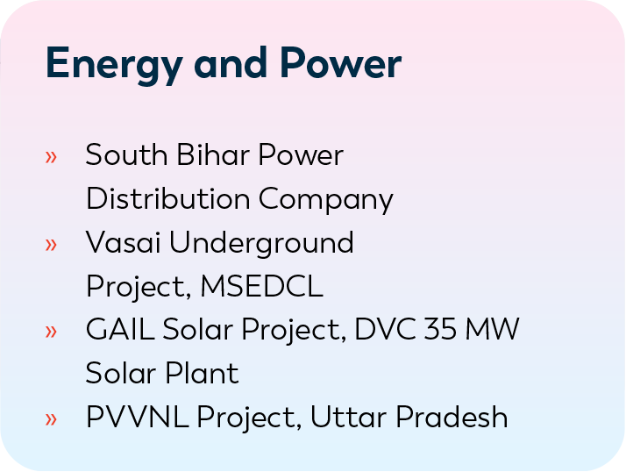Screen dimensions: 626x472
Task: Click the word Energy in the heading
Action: [x=114, y=65]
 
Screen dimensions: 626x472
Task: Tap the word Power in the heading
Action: [x=340, y=62]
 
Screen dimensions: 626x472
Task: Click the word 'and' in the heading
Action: [x=231, y=62]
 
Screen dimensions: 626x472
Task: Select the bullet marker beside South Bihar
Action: [x=51, y=157]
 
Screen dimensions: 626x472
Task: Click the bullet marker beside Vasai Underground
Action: [x=51, y=244]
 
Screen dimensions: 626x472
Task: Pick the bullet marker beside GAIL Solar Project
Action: [x=51, y=332]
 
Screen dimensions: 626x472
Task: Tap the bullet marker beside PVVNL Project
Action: [x=51, y=418]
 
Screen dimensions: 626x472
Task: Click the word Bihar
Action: [x=213, y=154]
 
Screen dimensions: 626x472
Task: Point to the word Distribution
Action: [x=168, y=198]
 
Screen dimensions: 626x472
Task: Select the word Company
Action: [x=326, y=200]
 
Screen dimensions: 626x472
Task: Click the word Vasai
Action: [x=123, y=242]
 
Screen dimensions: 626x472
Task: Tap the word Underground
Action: [x=261, y=244]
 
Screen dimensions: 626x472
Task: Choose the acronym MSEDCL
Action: [x=261, y=286]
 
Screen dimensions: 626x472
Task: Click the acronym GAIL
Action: [x=120, y=329]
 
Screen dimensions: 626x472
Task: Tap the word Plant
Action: [x=202, y=373]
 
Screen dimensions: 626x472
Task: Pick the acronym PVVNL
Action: [x=137, y=417]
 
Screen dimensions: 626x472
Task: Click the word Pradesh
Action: [x=452, y=417]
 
